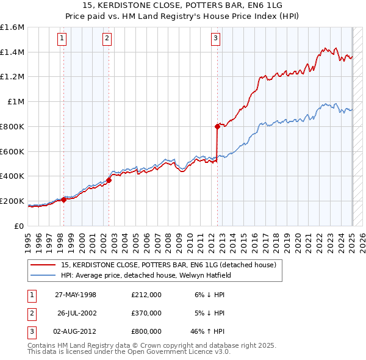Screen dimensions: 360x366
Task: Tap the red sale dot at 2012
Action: pyautogui.click(x=217, y=126)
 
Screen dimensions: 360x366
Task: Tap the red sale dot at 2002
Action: pyautogui.click(x=109, y=180)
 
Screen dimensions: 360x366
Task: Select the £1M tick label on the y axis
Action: pyautogui.click(x=15, y=102)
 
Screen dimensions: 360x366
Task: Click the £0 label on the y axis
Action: pyautogui.click(x=20, y=226)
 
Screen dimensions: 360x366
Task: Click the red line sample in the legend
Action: pyautogui.click(x=43, y=265)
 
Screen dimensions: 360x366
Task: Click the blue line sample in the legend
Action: pyautogui.click(x=43, y=275)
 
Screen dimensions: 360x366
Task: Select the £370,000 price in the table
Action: pyautogui.click(x=146, y=313)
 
